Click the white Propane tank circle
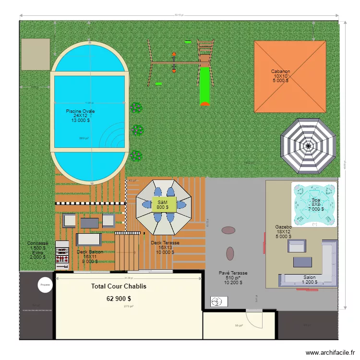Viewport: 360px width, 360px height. [x=45, y=285]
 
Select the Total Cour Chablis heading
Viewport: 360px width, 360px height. [x=119, y=287]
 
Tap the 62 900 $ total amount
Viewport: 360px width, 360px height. [x=119, y=299]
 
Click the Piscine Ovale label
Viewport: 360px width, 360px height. [x=80, y=111]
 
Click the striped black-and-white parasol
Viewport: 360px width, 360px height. [x=308, y=145]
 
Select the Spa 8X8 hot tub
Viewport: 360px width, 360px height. [x=314, y=204]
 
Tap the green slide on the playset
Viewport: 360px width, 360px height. [x=205, y=85]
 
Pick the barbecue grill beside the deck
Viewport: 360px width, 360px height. [x=61, y=254]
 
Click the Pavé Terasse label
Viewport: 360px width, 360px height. [x=233, y=273]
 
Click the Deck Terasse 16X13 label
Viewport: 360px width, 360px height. [x=165, y=243]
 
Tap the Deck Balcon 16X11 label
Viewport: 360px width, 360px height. [x=90, y=252]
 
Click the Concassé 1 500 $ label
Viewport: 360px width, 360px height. [x=37, y=244]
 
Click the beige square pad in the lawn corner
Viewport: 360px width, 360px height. [x=36, y=54]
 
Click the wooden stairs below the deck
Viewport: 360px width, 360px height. [x=127, y=251]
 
